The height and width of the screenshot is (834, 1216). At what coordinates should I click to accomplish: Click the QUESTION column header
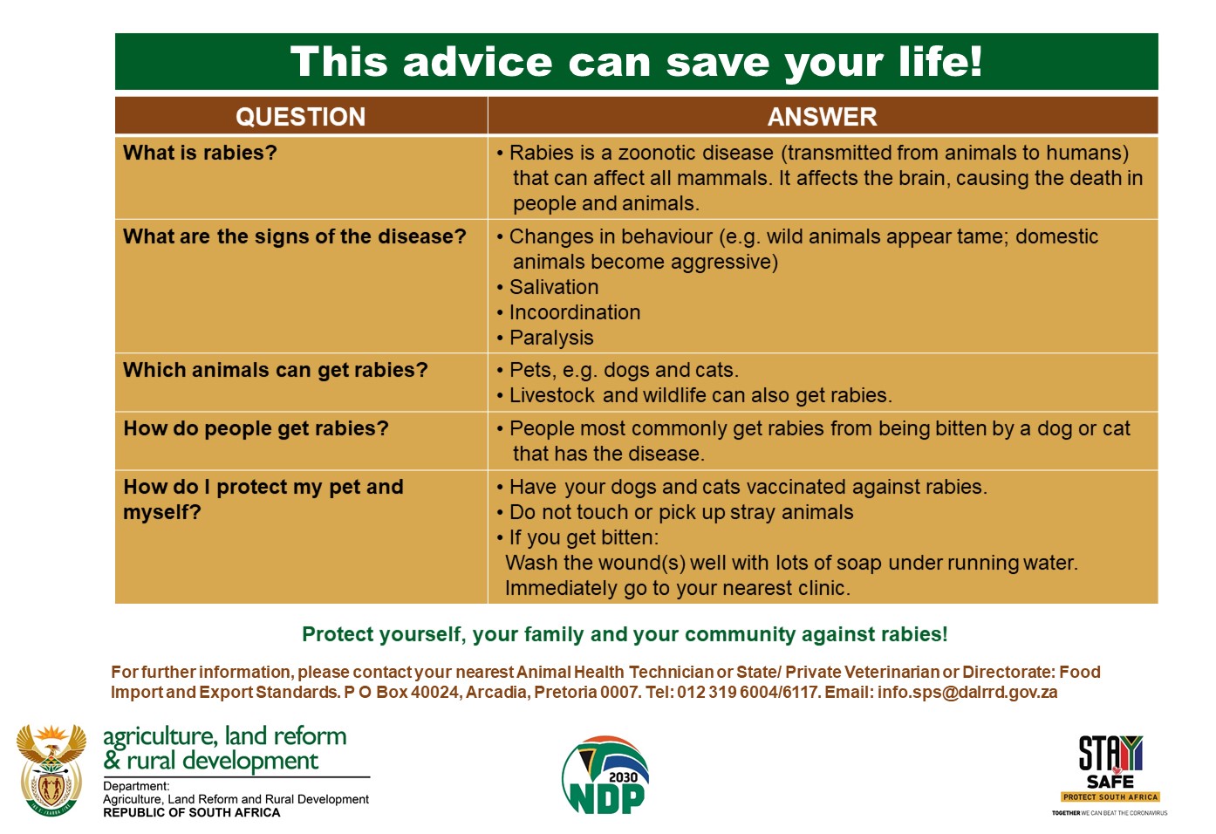300,117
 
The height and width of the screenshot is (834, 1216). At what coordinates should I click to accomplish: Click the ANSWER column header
822,117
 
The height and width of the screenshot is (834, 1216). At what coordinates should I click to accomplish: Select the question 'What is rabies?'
200,153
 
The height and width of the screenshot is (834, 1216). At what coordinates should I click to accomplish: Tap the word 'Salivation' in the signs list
554,287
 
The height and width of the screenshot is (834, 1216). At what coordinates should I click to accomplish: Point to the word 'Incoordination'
575,312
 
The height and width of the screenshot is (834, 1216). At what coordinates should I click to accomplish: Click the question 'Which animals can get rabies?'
276,370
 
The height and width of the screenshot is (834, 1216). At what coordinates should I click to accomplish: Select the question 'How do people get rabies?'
256,428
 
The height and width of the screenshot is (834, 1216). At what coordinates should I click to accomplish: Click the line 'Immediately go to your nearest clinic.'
678,588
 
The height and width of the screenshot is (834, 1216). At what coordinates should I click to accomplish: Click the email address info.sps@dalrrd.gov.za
967,693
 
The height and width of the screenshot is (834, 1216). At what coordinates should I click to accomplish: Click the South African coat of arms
51,770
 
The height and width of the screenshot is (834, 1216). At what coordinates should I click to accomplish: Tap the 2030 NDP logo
605,775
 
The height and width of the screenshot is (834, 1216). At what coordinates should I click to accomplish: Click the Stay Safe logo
1110,776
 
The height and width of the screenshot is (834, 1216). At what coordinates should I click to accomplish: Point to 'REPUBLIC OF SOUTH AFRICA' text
192,813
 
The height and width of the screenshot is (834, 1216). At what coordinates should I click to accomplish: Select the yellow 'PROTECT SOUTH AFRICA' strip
1110,797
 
